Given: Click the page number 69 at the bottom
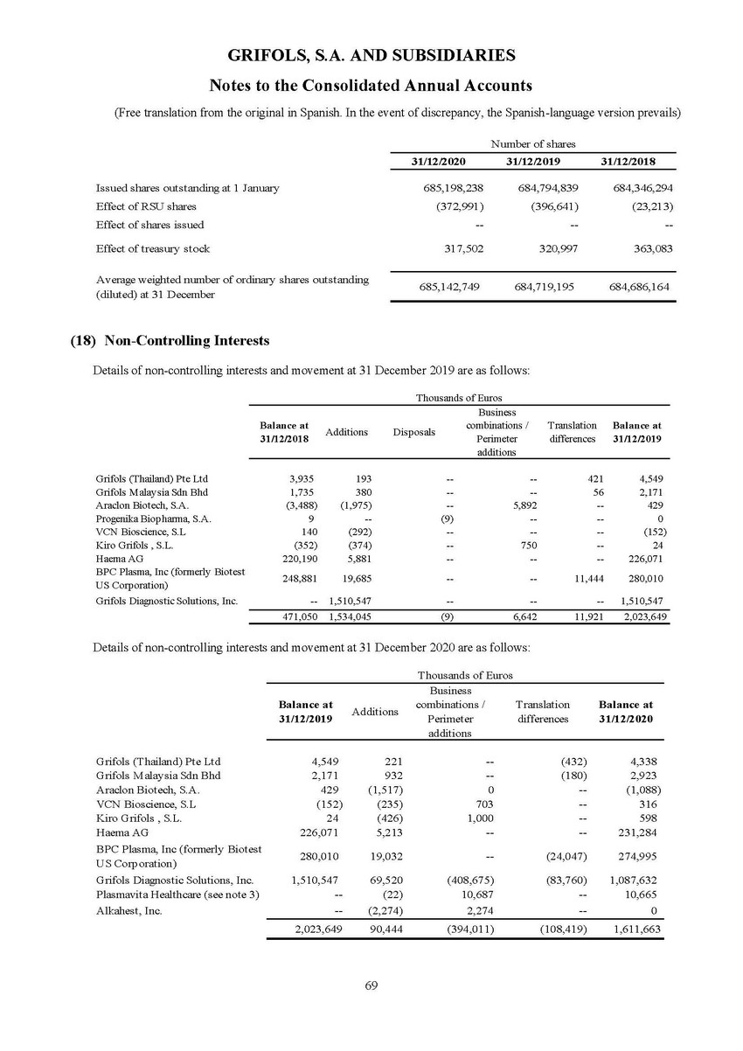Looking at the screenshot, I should [371, 985].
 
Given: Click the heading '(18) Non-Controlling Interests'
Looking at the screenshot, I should [169, 340].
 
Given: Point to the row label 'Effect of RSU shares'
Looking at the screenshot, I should [146, 206].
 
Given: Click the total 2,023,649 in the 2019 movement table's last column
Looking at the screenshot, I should [641, 616].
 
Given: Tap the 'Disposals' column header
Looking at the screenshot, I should [413, 431].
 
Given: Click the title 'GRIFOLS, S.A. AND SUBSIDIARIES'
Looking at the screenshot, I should [371, 55].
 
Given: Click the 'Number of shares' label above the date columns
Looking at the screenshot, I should [534, 143].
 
